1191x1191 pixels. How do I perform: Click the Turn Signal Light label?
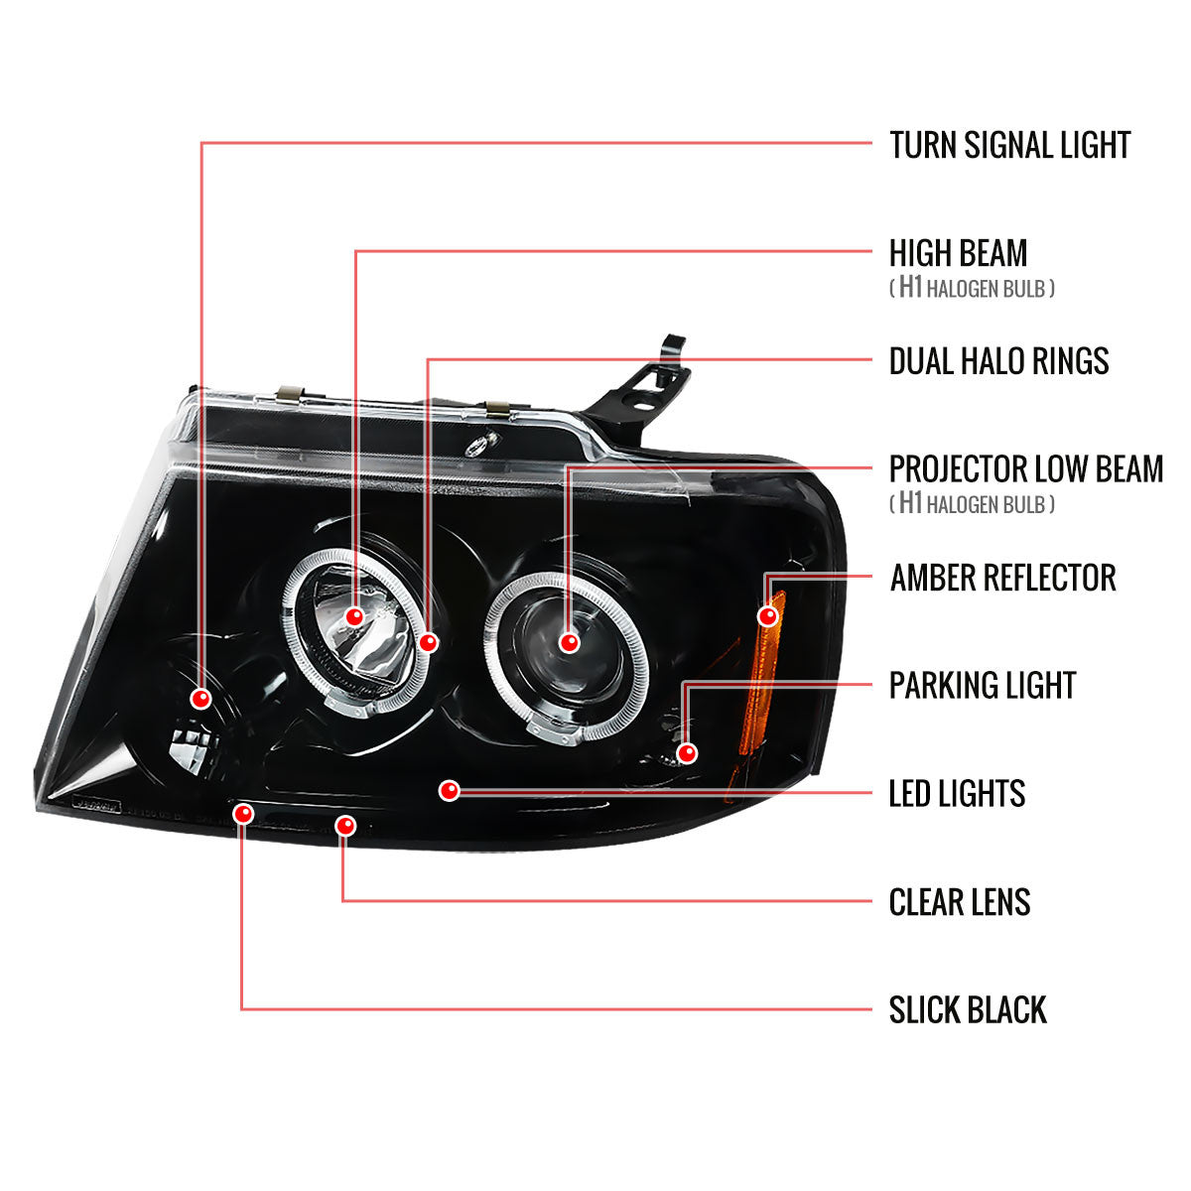(x=1009, y=145)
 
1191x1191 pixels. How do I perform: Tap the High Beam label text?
(x=958, y=253)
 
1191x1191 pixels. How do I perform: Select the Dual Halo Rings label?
(x=998, y=361)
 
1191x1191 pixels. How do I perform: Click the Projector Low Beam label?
(x=1025, y=468)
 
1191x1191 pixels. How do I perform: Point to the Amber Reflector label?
(x=1002, y=577)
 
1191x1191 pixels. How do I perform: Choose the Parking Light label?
(x=983, y=685)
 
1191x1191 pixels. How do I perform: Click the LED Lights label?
(x=957, y=793)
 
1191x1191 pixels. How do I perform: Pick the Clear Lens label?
(x=959, y=902)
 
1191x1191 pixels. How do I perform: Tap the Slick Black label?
(x=968, y=1010)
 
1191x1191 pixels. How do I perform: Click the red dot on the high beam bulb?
(x=354, y=617)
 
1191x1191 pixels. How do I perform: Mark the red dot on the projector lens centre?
(x=569, y=642)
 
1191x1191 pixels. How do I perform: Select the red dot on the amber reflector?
(x=766, y=616)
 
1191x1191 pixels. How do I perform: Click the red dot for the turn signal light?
(x=202, y=699)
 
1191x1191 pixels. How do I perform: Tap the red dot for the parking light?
(x=686, y=753)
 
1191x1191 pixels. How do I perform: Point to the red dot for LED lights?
(x=450, y=790)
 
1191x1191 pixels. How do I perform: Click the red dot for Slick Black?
(x=243, y=814)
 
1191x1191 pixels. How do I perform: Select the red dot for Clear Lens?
(x=345, y=825)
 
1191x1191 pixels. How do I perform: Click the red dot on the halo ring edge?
(x=428, y=642)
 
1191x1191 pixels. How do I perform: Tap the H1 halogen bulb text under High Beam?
(x=971, y=289)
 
